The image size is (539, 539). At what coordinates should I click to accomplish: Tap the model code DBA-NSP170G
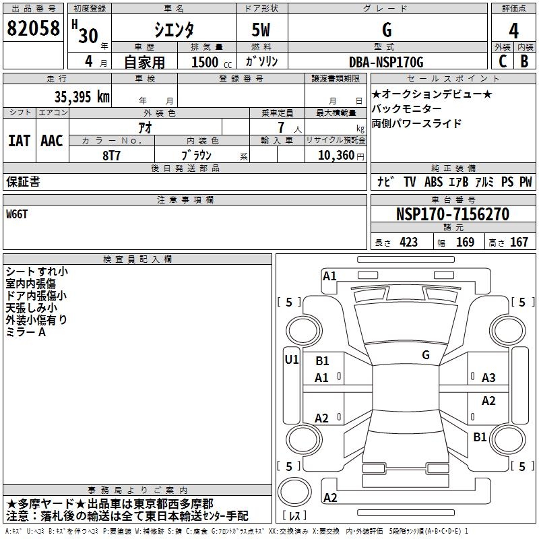(386, 62)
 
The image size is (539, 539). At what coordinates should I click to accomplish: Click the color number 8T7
(113, 154)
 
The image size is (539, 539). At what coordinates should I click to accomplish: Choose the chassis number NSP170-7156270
(452, 214)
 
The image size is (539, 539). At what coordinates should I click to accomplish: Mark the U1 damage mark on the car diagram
(292, 359)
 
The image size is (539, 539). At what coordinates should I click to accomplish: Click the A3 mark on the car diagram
(488, 378)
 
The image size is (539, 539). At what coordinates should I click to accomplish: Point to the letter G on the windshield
(426, 354)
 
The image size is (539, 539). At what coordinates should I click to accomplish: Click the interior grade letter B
(524, 61)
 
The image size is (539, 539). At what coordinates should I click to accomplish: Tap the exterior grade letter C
(502, 61)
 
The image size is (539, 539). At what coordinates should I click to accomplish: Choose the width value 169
(465, 242)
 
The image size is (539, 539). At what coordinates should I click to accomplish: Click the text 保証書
(23, 181)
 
